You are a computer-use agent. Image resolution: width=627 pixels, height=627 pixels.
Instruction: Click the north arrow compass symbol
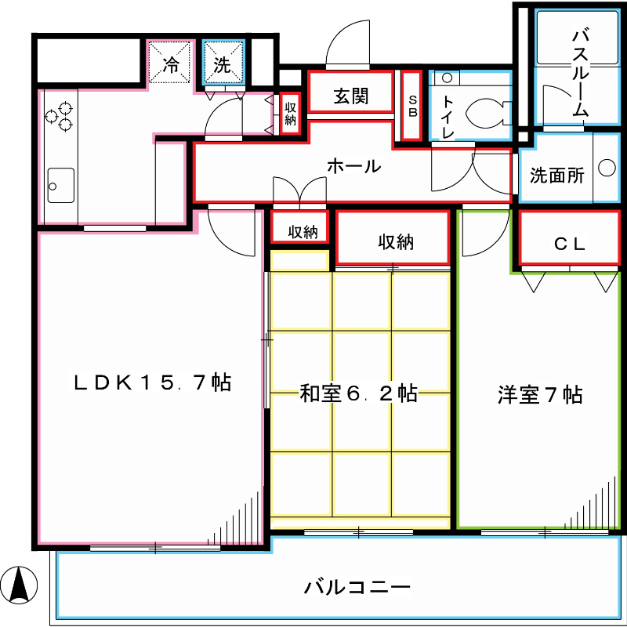coord(24,584)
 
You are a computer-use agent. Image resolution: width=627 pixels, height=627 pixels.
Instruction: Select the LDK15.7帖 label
coord(152,383)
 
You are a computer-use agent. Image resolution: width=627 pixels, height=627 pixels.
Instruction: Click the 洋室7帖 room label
coord(540,394)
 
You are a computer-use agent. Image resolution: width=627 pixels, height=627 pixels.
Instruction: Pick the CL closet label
coord(569,244)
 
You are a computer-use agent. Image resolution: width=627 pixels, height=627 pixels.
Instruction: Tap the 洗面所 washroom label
coord(556,176)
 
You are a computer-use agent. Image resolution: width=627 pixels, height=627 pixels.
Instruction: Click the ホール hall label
coord(353,166)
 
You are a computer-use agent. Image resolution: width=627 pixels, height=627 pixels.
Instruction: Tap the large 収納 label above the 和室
coord(393,242)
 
